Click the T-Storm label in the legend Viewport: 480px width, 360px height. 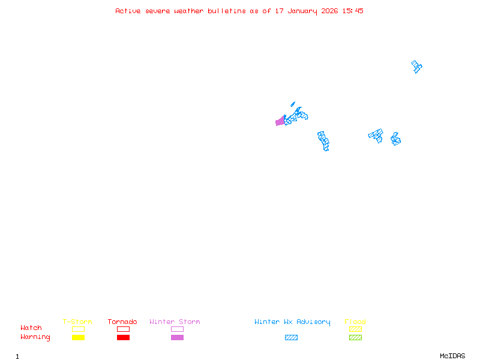click(x=77, y=322)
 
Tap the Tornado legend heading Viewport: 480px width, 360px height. click(x=122, y=322)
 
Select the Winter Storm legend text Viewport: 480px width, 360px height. click(x=175, y=322)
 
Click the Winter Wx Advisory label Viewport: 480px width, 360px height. click(x=292, y=322)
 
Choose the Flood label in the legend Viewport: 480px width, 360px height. click(x=355, y=322)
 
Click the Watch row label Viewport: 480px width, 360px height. click(x=31, y=328)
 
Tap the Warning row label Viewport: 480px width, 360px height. click(x=35, y=337)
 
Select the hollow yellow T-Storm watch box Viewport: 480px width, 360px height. click(x=78, y=329)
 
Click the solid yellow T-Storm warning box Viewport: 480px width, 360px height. click(x=78, y=338)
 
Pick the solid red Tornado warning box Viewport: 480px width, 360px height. click(x=123, y=338)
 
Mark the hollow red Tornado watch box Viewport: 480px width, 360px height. click(x=123, y=329)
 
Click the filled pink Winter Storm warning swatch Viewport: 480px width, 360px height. click(x=177, y=338)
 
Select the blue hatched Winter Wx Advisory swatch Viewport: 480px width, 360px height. click(x=291, y=338)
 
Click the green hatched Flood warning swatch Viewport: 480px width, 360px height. click(x=355, y=338)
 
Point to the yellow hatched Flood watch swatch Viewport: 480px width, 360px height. click(x=355, y=329)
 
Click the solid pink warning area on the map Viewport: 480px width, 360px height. click(x=280, y=122)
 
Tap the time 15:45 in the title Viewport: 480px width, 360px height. click(x=352, y=11)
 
